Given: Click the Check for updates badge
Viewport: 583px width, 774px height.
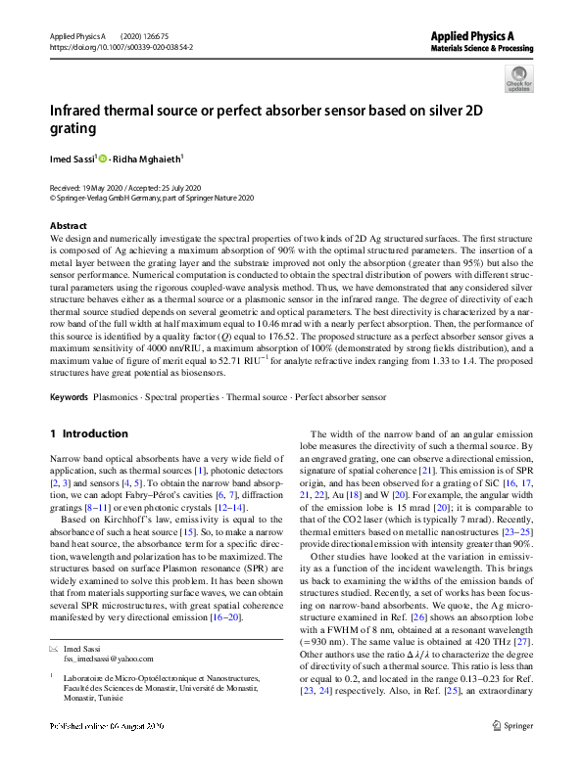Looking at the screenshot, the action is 518,79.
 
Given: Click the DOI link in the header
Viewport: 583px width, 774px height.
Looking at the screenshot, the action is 108,46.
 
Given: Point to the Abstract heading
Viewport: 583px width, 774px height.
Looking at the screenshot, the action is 68,226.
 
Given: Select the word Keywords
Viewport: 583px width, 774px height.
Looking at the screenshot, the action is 69,398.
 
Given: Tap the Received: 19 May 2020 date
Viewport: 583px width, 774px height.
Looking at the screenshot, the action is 93,187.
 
